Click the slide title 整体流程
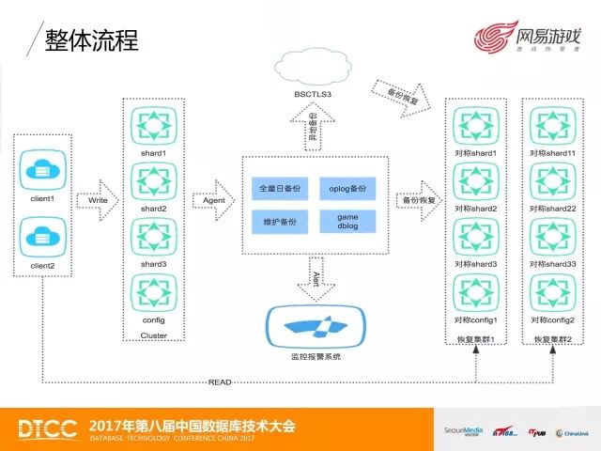click(x=91, y=40)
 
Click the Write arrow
click(x=97, y=200)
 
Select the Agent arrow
click(x=212, y=200)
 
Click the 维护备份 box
click(x=279, y=221)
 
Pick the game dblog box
click(x=347, y=221)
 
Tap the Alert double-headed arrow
click(x=316, y=278)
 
